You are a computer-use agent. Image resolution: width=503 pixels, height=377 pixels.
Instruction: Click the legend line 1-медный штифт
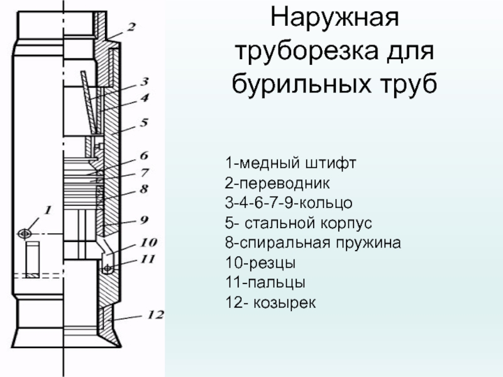[290, 165]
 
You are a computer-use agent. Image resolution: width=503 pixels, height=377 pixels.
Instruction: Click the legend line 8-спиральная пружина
[312, 242]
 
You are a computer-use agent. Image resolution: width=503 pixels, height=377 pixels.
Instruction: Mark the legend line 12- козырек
[271, 303]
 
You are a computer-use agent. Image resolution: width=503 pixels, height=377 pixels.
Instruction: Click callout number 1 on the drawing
[48, 208]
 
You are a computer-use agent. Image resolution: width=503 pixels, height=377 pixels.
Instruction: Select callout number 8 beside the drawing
[144, 188]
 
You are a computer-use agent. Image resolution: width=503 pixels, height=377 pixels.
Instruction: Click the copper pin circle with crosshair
[25, 233]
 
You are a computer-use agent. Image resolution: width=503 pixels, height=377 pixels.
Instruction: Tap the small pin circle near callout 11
[108, 269]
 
